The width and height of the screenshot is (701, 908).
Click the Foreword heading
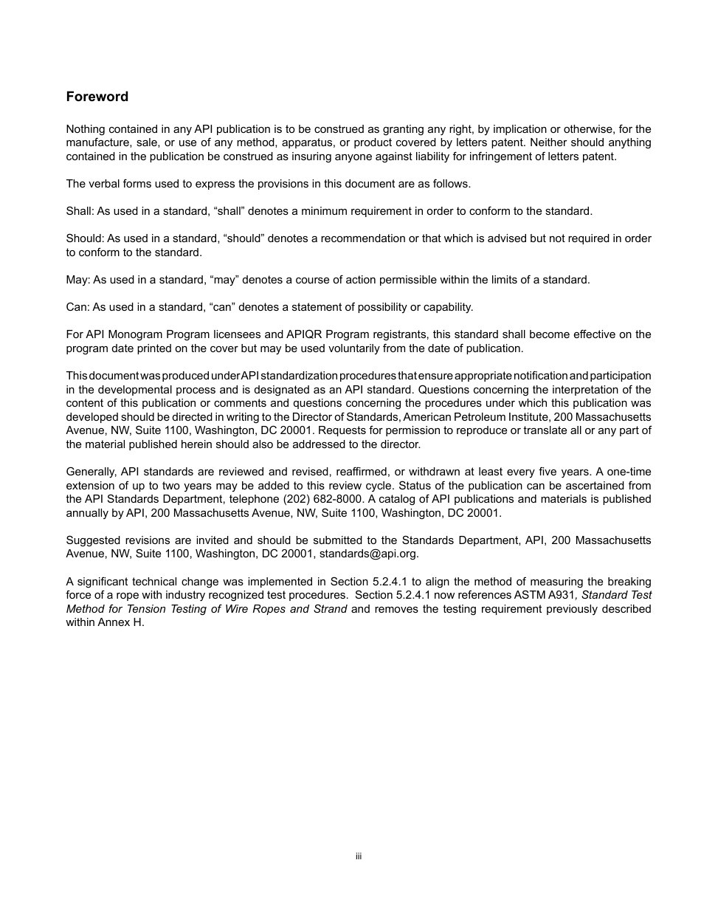pyautogui.click(x=97, y=97)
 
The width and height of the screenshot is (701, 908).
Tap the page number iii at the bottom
pyautogui.click(x=358, y=856)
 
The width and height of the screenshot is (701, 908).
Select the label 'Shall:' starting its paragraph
pyautogui.click(x=79, y=211)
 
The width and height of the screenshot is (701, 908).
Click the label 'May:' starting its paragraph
pyautogui.click(x=77, y=280)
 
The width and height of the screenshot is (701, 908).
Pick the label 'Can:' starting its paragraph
pyautogui.click(x=77, y=307)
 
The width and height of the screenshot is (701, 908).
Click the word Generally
pyautogui.click(x=91, y=472)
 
